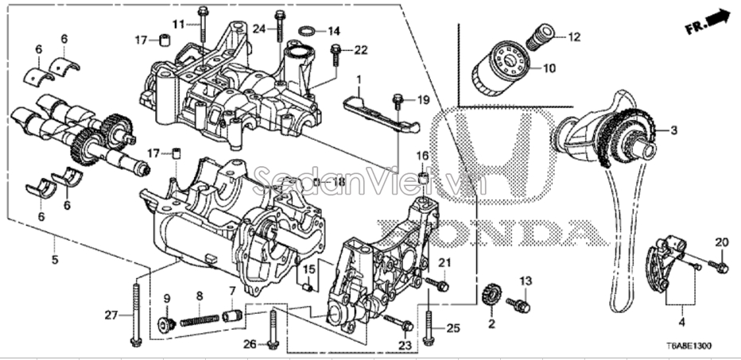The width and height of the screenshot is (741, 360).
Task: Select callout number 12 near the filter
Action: click(x=574, y=37)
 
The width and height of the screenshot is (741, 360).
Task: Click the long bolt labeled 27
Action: click(x=138, y=310)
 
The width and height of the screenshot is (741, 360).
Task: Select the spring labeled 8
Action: click(x=200, y=320)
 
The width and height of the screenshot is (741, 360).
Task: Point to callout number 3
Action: click(x=673, y=130)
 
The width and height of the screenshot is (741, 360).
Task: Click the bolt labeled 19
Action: click(x=397, y=100)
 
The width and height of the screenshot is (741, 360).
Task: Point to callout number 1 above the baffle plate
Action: click(x=359, y=79)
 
